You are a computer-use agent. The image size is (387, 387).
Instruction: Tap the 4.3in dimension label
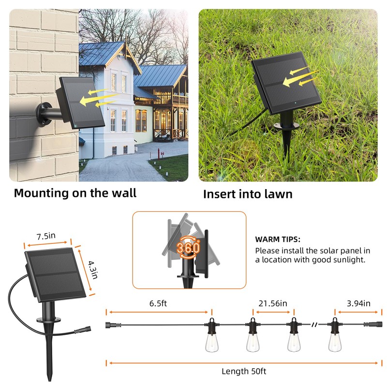click(x=93, y=268)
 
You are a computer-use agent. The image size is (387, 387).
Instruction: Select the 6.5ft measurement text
click(x=158, y=304)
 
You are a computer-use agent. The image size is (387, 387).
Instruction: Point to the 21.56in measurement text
click(x=273, y=303)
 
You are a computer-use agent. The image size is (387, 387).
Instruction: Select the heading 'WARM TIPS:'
click(x=278, y=239)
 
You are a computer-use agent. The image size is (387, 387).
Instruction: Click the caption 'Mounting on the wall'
click(x=75, y=193)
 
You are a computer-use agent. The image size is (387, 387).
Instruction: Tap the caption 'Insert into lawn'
click(x=248, y=194)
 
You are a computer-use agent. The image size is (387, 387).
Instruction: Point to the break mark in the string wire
click(x=315, y=324)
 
